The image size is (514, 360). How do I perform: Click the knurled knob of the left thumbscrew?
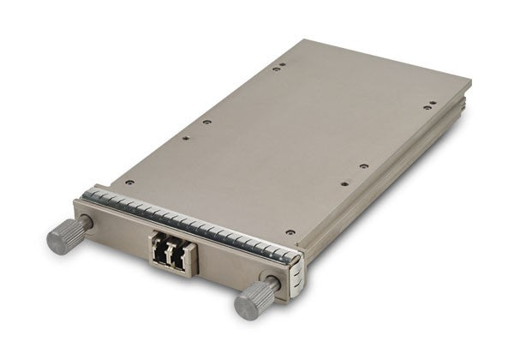coord(65,236)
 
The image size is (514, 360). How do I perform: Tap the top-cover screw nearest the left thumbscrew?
coord(129,182)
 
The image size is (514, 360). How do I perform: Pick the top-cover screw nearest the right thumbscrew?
coord(290,231)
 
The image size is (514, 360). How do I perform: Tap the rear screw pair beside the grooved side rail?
coord(427,106)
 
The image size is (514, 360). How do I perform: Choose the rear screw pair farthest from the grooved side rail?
coord(278,66)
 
